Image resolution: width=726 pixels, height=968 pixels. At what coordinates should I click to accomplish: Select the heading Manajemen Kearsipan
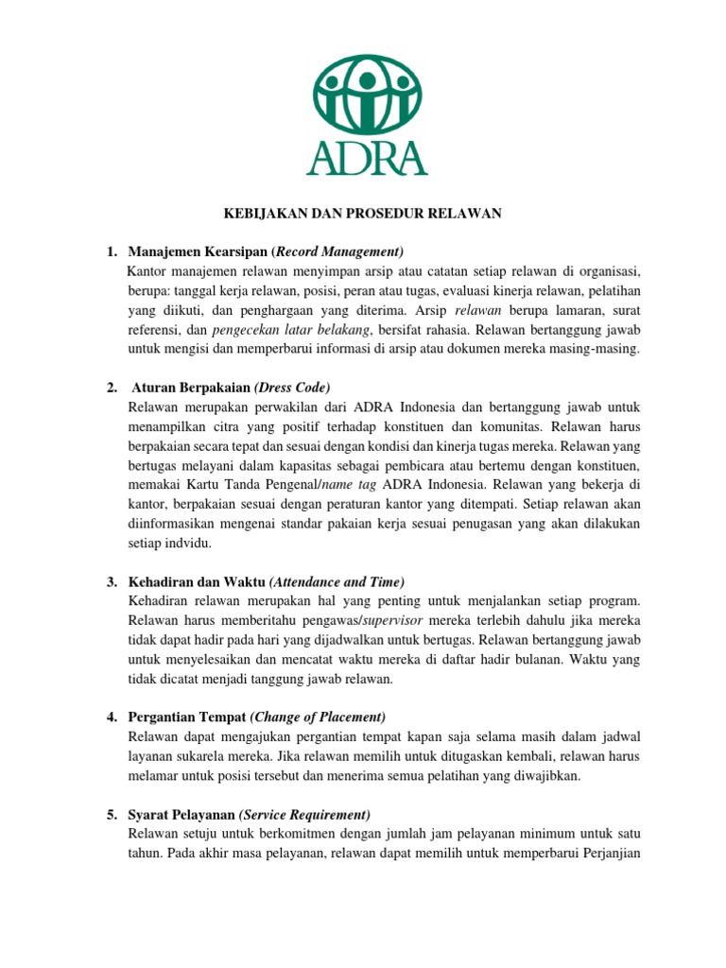point(197,251)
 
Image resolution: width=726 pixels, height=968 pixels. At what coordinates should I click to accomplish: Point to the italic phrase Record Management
point(338,251)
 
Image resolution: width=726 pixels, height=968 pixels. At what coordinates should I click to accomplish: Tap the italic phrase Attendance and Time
point(337,580)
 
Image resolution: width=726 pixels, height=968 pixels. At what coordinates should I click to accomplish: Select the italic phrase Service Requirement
point(304,815)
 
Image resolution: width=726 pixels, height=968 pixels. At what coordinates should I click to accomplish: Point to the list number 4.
point(112,717)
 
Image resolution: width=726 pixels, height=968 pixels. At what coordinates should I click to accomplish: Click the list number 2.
point(112,388)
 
